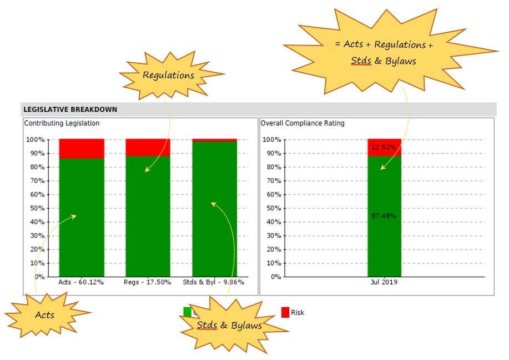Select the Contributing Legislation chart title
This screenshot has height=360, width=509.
[62, 123]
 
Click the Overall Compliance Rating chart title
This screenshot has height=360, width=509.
[303, 123]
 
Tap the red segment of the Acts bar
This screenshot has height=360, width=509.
[82, 148]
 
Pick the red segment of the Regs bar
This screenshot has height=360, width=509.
[148, 147]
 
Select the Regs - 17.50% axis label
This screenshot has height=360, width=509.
[148, 282]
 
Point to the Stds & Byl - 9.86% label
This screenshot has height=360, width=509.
[214, 282]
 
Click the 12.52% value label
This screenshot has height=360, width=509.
[384, 147]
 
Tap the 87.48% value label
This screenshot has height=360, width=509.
[384, 216]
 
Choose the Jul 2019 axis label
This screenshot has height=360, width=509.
[384, 282]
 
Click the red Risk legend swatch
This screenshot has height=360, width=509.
[285, 312]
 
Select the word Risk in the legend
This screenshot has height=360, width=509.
[298, 313]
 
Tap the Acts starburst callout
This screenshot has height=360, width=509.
[46, 315]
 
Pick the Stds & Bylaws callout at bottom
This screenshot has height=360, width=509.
[230, 326]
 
